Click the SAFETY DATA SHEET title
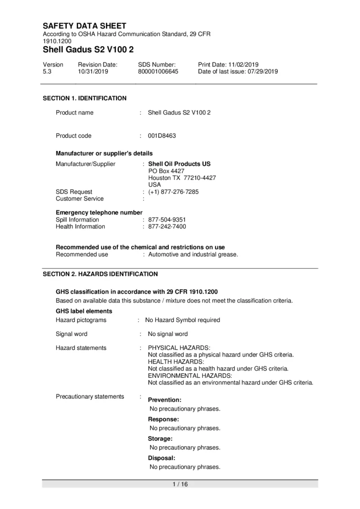[x=85, y=26]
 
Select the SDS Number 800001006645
[x=158, y=71]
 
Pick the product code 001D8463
[x=162, y=136]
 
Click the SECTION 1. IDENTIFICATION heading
[x=85, y=98]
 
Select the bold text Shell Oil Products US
[x=179, y=164]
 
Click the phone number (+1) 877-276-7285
[x=173, y=192]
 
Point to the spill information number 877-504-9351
[x=167, y=220]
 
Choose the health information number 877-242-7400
[x=167, y=227]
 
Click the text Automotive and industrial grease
[x=193, y=254]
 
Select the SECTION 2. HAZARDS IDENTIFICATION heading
[x=100, y=274]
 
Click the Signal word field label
[x=72, y=334]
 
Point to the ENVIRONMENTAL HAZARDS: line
[x=190, y=375]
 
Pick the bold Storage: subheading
[x=160, y=438]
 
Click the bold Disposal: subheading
[x=162, y=458]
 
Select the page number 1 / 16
[x=180, y=484]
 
